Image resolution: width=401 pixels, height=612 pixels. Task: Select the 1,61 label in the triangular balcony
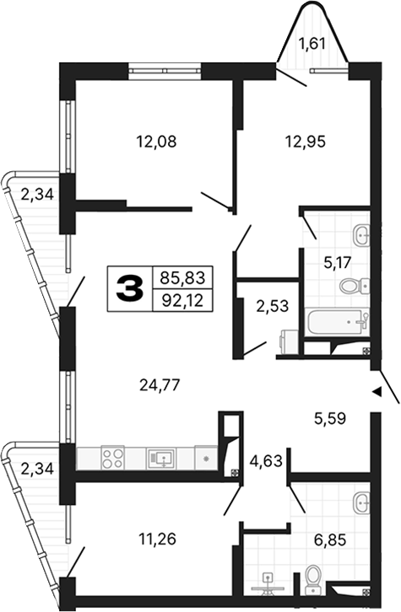[x=312, y=44]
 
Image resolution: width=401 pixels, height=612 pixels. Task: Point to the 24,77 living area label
[x=160, y=386]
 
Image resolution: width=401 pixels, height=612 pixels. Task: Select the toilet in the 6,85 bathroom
[x=315, y=577]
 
